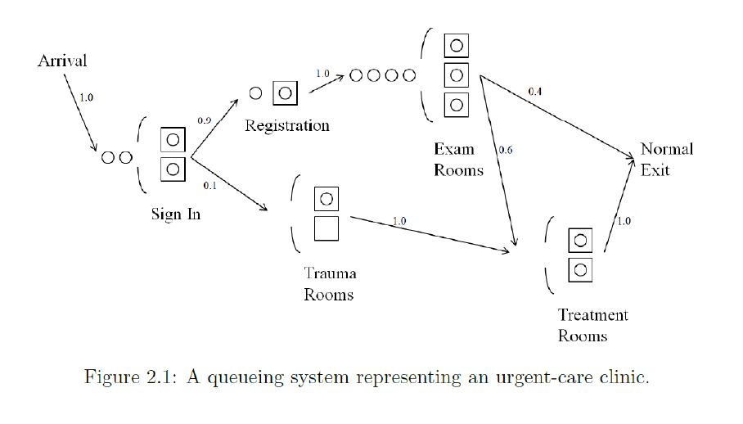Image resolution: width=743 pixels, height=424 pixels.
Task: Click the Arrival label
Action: coord(62,61)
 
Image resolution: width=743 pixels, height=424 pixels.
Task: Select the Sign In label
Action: coord(175,214)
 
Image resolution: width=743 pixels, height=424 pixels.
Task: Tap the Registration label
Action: coord(286,125)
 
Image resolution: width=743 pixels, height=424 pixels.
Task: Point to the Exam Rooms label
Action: coord(458,160)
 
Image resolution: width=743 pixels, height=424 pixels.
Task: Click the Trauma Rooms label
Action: coord(330,284)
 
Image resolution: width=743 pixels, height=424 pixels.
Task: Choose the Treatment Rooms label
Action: coord(592,325)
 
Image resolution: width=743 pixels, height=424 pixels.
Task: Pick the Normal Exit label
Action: coord(666,159)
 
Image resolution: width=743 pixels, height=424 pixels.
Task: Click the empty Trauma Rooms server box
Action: coord(326,228)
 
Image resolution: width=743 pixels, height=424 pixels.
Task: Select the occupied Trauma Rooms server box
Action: coord(326,199)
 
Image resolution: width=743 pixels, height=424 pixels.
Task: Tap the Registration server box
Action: coord(285,92)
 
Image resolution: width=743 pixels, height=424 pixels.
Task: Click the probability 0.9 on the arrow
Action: coord(204,120)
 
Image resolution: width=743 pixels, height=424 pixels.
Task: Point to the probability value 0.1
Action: coord(209,186)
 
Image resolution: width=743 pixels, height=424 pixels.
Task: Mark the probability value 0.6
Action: coord(505,151)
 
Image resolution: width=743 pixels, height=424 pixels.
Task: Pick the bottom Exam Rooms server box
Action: coord(456,105)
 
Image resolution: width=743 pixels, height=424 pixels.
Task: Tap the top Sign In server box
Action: coord(173,140)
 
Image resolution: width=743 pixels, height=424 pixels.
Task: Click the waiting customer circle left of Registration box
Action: coord(255,92)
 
